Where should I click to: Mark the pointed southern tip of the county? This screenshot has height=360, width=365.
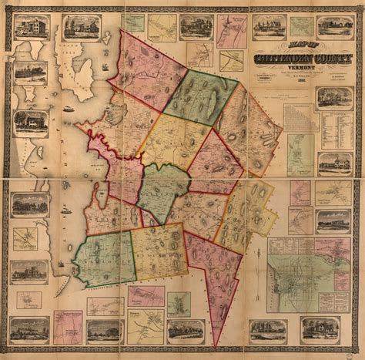(x=217, y=345)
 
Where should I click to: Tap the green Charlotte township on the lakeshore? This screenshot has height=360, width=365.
(x=105, y=258)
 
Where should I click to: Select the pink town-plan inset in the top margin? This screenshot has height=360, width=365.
(x=232, y=30)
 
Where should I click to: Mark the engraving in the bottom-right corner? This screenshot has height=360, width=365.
(x=320, y=330)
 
